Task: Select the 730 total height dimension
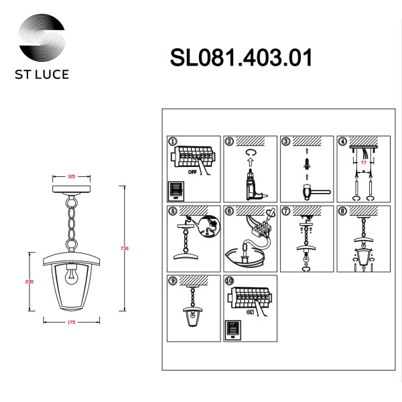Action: click(124, 249)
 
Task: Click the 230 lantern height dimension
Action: click(29, 281)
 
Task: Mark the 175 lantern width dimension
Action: click(71, 322)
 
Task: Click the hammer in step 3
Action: click(312, 190)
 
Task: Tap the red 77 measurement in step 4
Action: click(363, 161)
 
